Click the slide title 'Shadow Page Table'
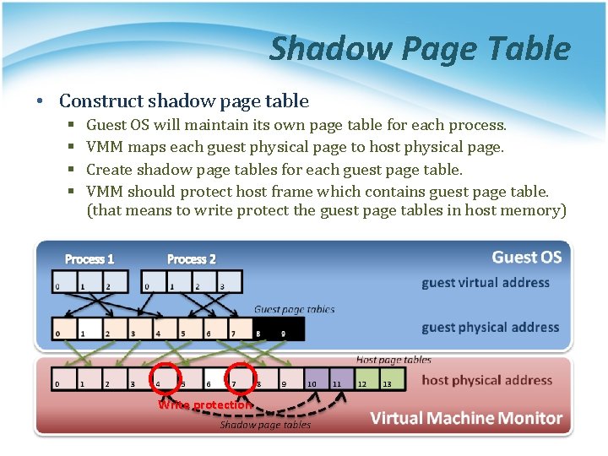420,49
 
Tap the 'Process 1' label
90,259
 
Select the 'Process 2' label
191,259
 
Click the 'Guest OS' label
526,257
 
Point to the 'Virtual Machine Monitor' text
466,418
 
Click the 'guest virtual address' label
486,283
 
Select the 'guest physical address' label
490,328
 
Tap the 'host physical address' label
486,380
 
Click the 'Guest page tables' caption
295,309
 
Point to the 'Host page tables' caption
394,360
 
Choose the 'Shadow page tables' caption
265,425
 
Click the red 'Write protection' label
205,405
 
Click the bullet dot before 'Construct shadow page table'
40,102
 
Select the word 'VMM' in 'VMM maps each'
105,147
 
